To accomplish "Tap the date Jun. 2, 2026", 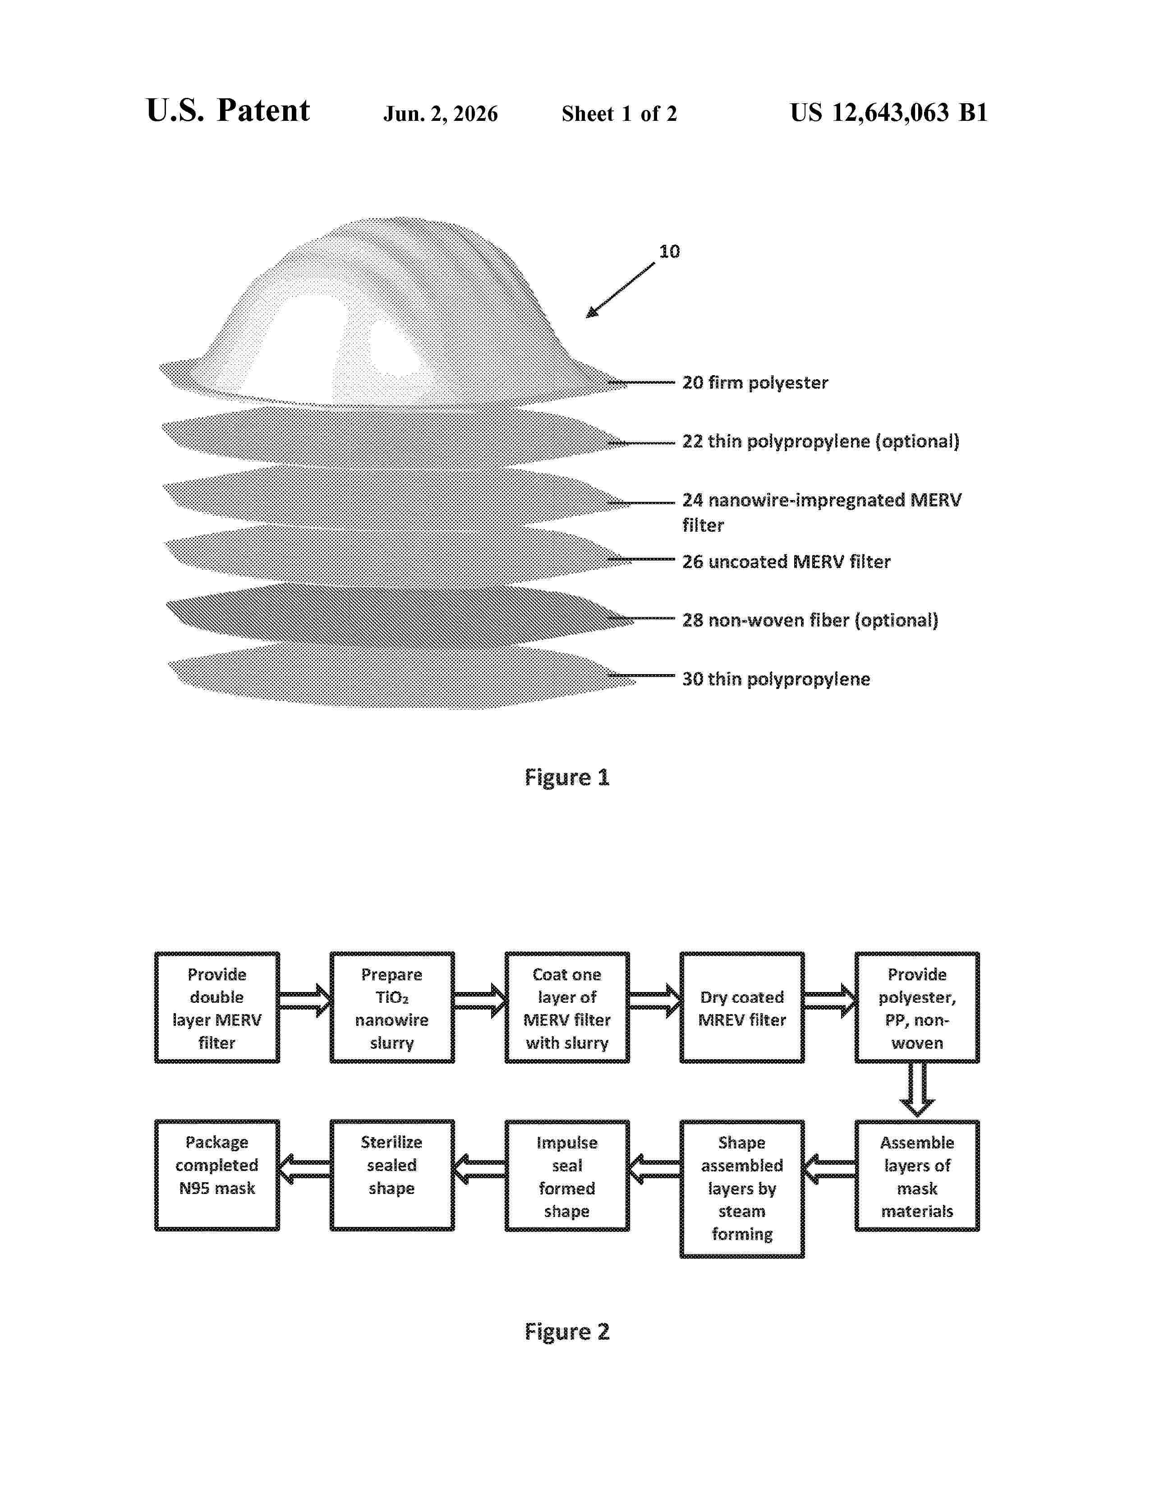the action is pyautogui.click(x=440, y=114).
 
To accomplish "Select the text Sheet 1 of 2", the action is pyautogui.click(x=619, y=114).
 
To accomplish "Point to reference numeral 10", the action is pyautogui.click(x=669, y=252).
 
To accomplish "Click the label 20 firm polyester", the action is pyautogui.click(x=755, y=382).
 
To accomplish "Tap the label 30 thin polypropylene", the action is pyautogui.click(x=776, y=679).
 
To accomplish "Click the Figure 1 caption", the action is pyautogui.click(x=567, y=777).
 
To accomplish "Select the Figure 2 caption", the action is pyautogui.click(x=567, y=1331).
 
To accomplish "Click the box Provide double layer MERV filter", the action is pyautogui.click(x=216, y=1007).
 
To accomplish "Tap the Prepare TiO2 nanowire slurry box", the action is pyautogui.click(x=392, y=1007).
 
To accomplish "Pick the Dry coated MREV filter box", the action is pyautogui.click(x=742, y=1007).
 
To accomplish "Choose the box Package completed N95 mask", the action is pyautogui.click(x=216, y=1175).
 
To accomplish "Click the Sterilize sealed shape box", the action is pyautogui.click(x=392, y=1175).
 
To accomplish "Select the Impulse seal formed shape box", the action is pyautogui.click(x=567, y=1175).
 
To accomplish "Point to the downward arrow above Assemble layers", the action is pyautogui.click(x=917, y=1090).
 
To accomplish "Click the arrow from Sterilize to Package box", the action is pyautogui.click(x=304, y=1169).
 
